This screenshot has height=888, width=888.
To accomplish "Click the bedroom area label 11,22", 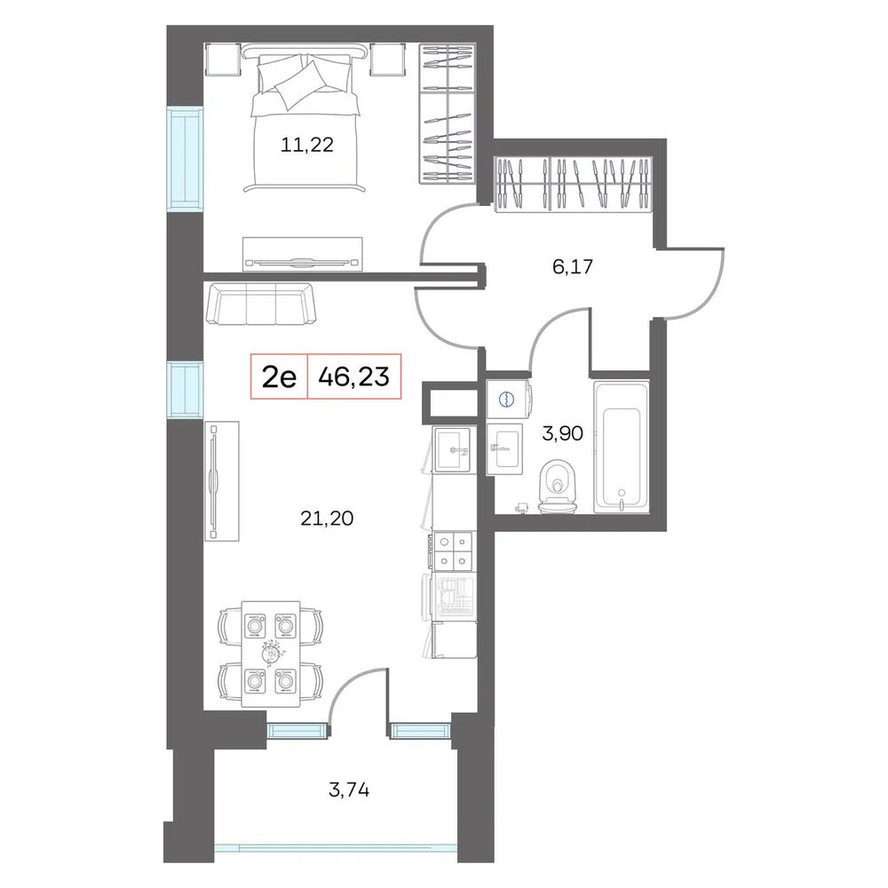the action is coord(307,146).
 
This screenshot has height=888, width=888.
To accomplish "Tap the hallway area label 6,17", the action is coord(573,266).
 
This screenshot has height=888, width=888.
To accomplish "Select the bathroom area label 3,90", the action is coord(562,434).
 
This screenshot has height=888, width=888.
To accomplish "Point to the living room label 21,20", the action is coord(327,519).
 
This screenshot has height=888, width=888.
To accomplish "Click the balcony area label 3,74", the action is coord(349,789).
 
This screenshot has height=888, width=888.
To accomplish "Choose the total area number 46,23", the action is coord(354,377).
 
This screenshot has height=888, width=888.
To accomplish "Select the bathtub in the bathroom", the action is coord(622,448).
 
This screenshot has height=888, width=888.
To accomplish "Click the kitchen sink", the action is coord(451,449).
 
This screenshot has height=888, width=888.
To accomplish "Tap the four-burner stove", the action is coord(453,551).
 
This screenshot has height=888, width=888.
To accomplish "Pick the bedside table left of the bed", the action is coord(220,59).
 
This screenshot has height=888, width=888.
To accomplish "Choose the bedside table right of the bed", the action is coord(388,59).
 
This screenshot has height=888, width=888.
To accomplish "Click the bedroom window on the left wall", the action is coord(185,159).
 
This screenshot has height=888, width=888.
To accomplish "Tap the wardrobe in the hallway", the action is coord(573,185).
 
